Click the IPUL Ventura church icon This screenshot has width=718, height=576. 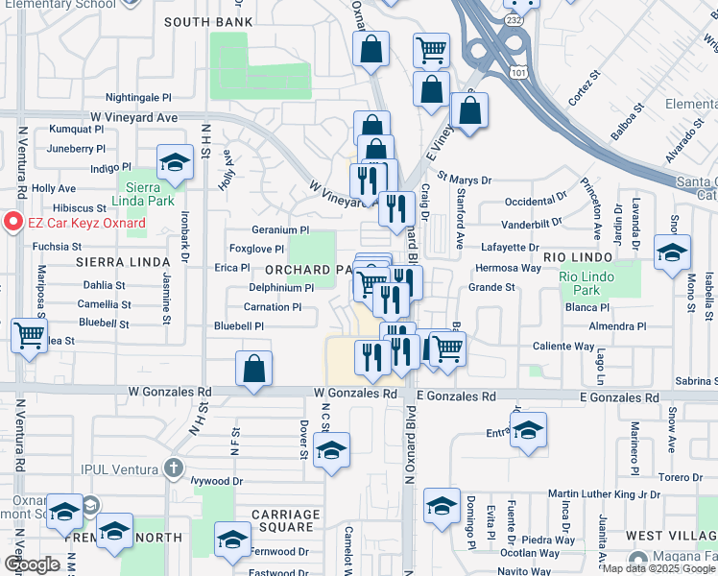click(172, 468)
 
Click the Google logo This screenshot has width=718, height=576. click(32, 564)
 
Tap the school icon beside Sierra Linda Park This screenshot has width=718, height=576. click(175, 164)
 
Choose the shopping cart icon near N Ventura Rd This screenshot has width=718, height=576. click(29, 336)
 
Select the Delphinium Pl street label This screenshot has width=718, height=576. click(281, 288)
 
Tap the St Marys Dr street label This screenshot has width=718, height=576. click(464, 179)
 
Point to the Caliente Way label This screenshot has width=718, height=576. click(563, 347)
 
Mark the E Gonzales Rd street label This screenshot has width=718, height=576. click(455, 396)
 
